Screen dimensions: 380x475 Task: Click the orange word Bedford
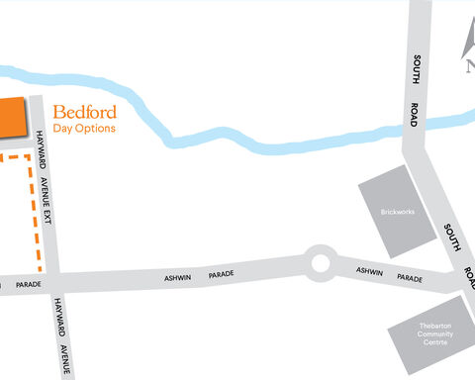click(84, 111)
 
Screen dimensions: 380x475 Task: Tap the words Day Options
click(84, 129)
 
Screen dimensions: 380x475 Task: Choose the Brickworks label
click(399, 212)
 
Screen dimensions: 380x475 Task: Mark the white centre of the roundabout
click(319, 263)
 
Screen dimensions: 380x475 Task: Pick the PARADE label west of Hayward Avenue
click(29, 285)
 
